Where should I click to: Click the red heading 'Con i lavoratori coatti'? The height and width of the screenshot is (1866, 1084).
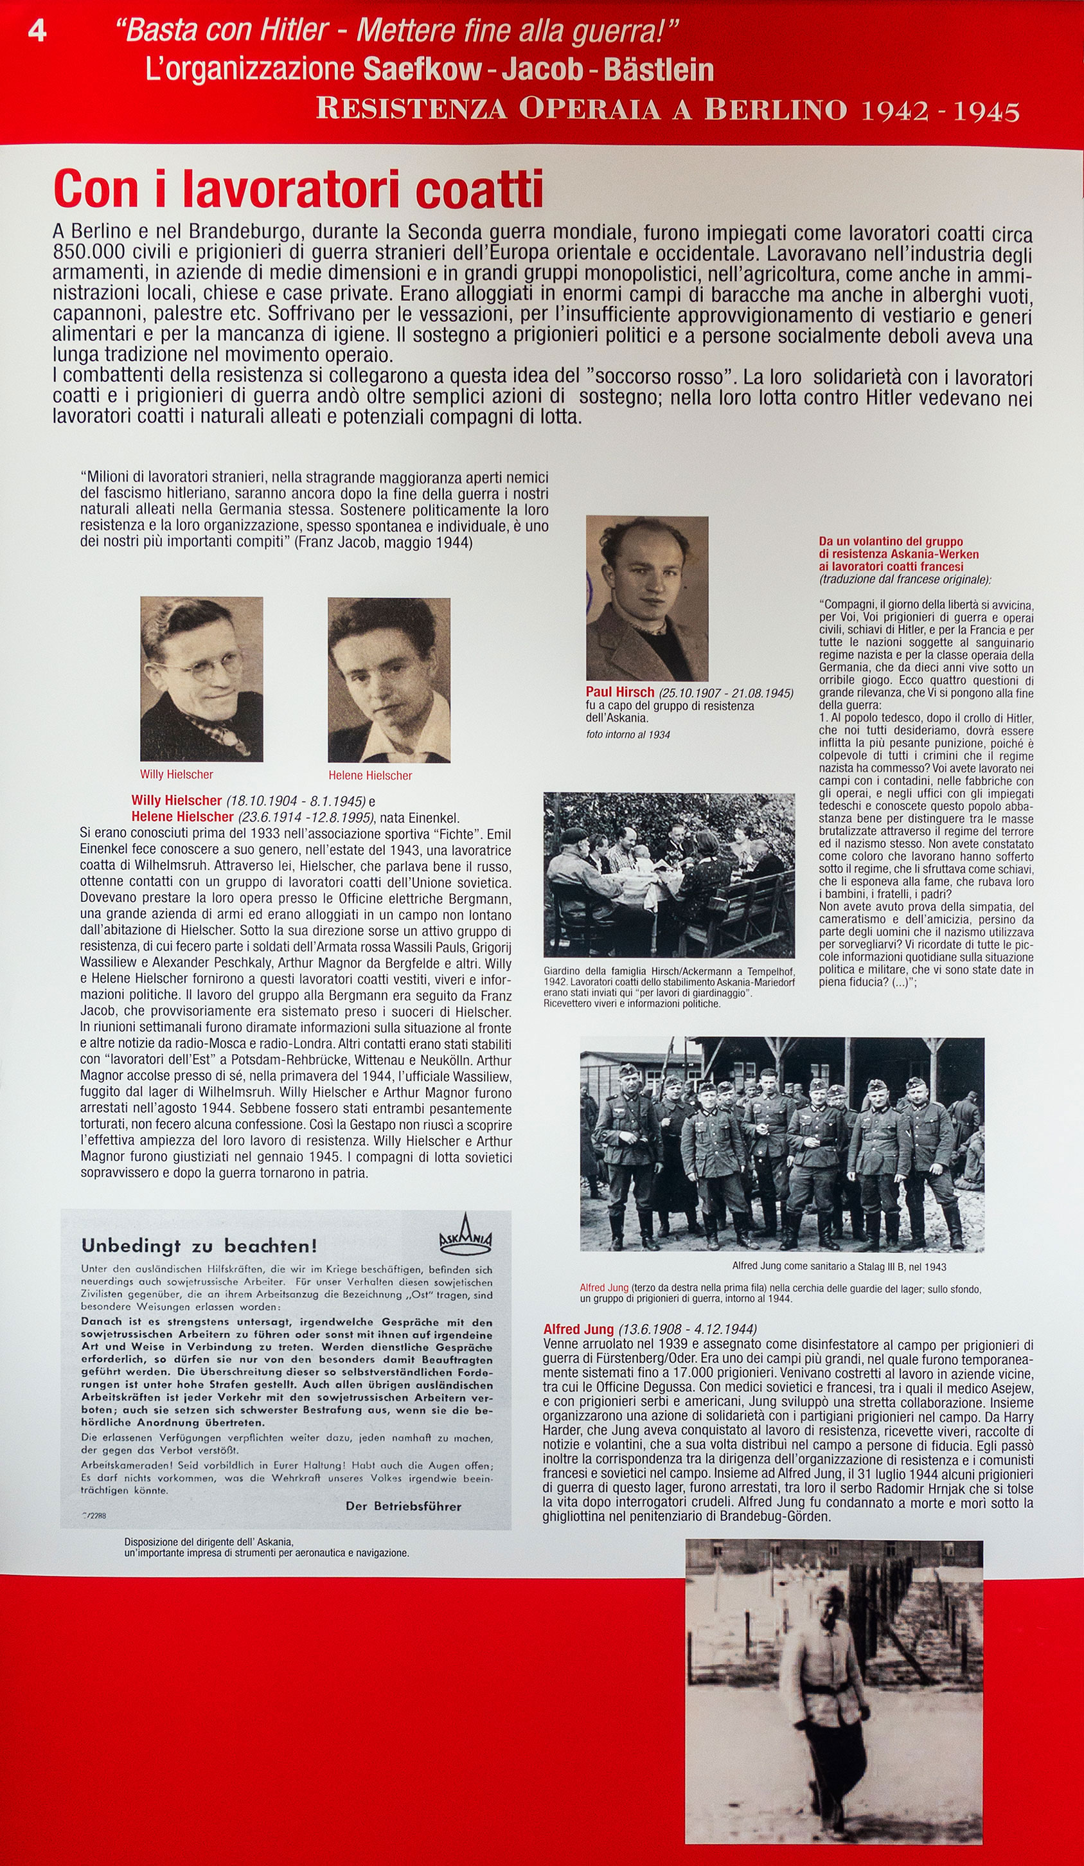[x=298, y=190]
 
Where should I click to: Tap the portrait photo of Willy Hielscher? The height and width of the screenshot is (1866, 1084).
[x=201, y=678]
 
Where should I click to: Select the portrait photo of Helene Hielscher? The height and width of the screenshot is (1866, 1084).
[x=389, y=680]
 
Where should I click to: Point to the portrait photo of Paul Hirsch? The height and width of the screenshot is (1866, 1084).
[x=647, y=598]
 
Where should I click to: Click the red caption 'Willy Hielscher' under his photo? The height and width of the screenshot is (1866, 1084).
[x=176, y=775]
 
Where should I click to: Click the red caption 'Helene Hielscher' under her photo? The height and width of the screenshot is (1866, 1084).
[x=370, y=775]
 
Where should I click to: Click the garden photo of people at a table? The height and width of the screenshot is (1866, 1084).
[x=669, y=874]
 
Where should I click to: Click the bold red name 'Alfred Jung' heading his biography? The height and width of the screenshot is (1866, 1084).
[x=578, y=1329]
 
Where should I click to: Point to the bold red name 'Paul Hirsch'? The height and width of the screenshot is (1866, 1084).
[x=619, y=692]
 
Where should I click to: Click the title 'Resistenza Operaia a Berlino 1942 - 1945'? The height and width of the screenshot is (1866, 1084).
[x=668, y=109]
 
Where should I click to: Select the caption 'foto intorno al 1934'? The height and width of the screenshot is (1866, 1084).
[x=628, y=735]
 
